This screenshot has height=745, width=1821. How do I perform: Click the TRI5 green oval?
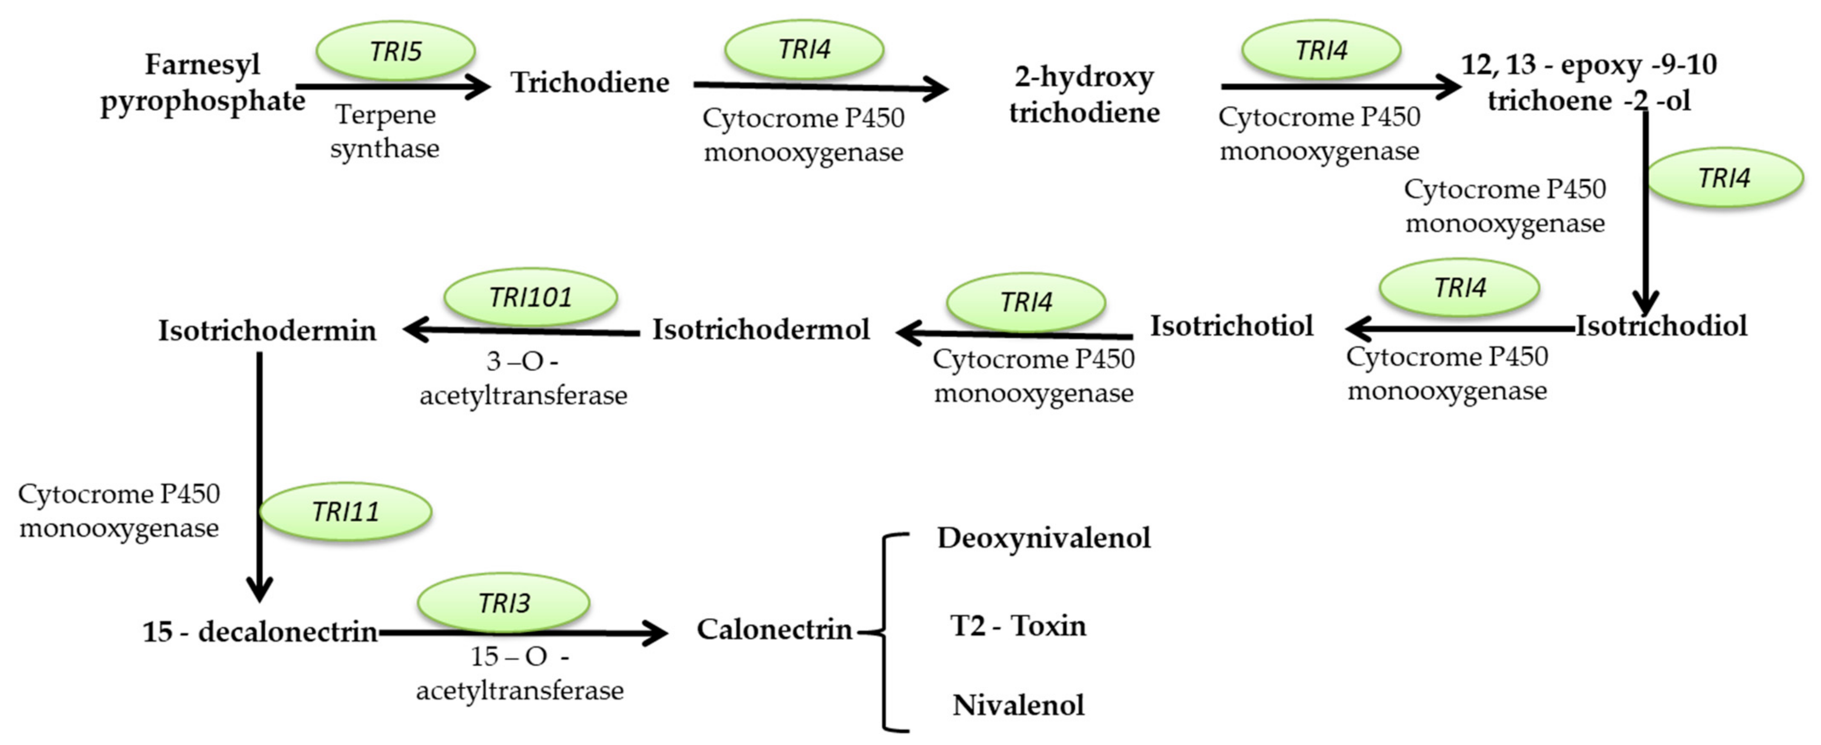point(395,51)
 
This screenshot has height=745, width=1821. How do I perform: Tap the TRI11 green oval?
point(345,512)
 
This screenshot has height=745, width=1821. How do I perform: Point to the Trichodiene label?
point(590,82)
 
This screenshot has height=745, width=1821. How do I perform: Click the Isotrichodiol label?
point(1661,326)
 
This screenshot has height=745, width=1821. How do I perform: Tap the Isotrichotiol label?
point(1231,326)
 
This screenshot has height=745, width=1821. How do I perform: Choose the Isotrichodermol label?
point(761,330)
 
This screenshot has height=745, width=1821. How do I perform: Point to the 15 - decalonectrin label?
point(260,631)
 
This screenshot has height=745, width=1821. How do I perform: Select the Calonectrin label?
point(774,629)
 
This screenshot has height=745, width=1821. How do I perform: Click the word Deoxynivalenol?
point(1043,538)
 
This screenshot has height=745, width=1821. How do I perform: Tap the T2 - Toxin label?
point(1018,626)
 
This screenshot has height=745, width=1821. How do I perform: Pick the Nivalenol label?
point(1018,705)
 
